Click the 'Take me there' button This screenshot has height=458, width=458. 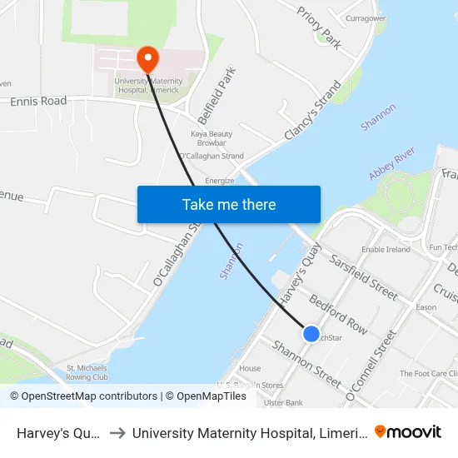[229, 204]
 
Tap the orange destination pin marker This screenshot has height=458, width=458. [147, 58]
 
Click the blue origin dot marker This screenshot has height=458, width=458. [311, 333]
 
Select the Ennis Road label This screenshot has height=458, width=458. [38, 102]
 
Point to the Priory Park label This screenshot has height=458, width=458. [320, 28]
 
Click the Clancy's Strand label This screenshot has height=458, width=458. [313, 111]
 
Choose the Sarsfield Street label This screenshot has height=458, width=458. [365, 275]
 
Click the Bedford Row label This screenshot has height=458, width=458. [338, 313]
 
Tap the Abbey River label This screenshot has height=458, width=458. [392, 163]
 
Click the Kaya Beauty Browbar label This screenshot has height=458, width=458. [212, 138]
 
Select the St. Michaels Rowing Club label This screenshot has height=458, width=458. [87, 372]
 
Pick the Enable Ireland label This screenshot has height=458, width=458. [386, 249]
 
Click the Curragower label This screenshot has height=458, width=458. [366, 17]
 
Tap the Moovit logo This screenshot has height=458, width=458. [408, 431]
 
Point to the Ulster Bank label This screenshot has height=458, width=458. [282, 402]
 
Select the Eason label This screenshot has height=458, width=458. [426, 307]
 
